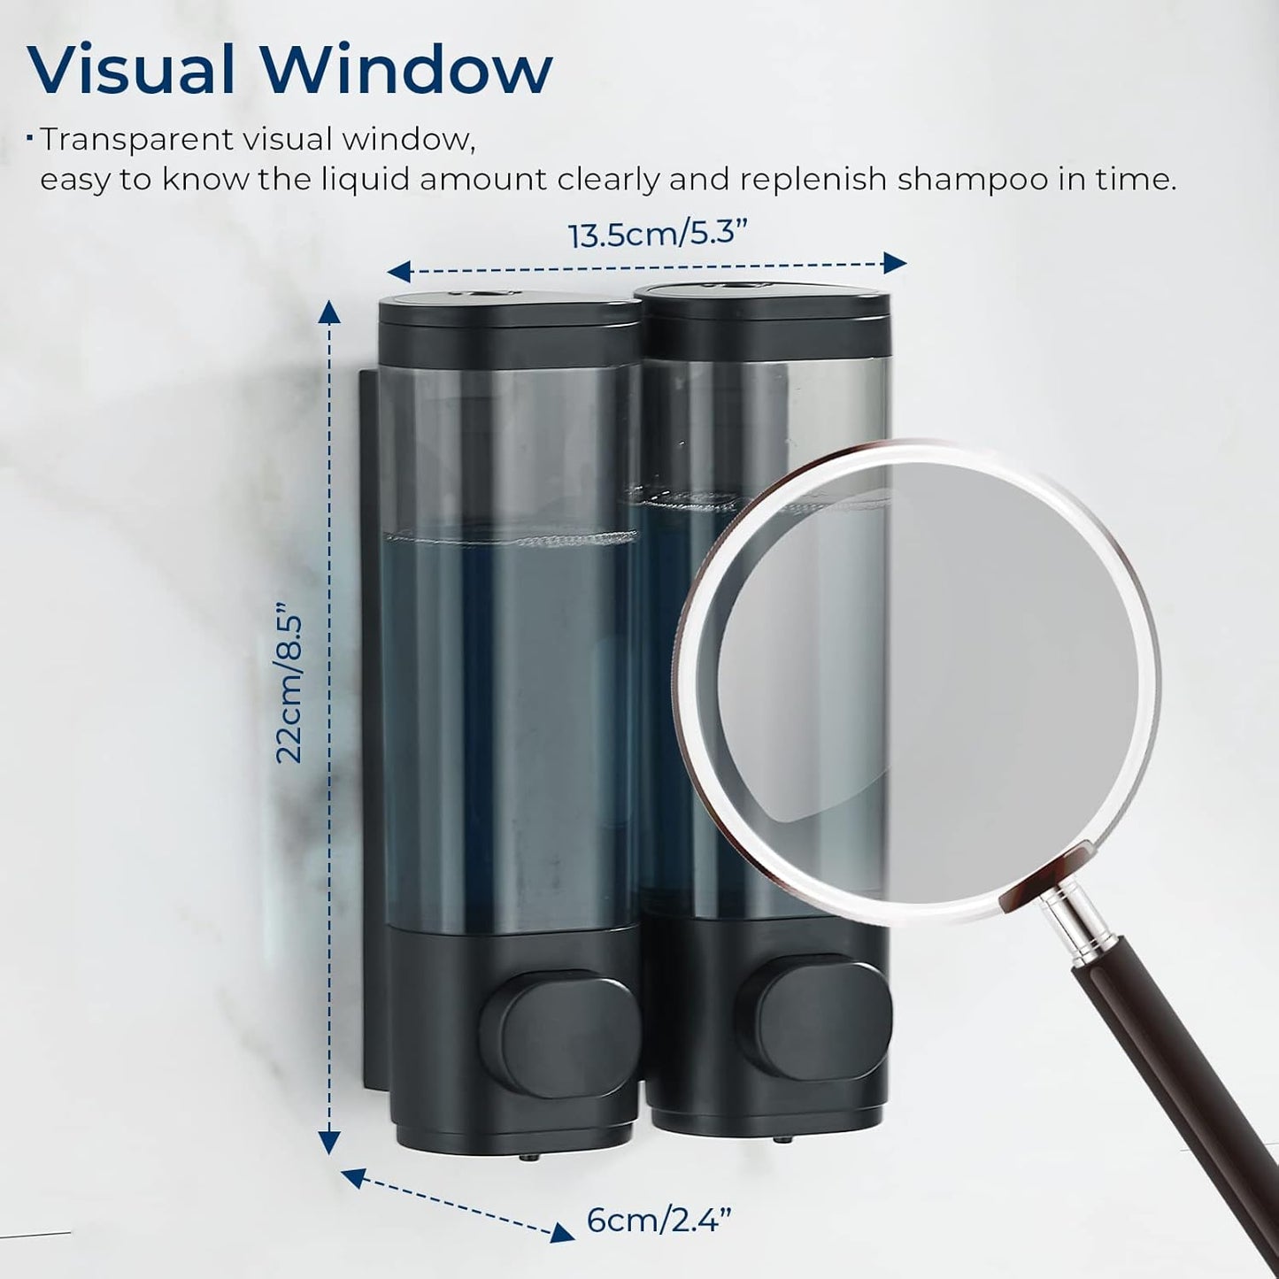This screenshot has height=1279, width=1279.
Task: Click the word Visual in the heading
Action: (131, 69)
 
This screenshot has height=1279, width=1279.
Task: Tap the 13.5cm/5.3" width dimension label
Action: (658, 235)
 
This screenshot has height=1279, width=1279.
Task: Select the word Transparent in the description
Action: (137, 142)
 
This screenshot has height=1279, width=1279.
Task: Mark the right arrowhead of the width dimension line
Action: (896, 263)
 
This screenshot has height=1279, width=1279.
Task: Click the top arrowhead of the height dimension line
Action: (330, 312)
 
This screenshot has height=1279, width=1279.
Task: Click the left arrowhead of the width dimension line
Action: (398, 272)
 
